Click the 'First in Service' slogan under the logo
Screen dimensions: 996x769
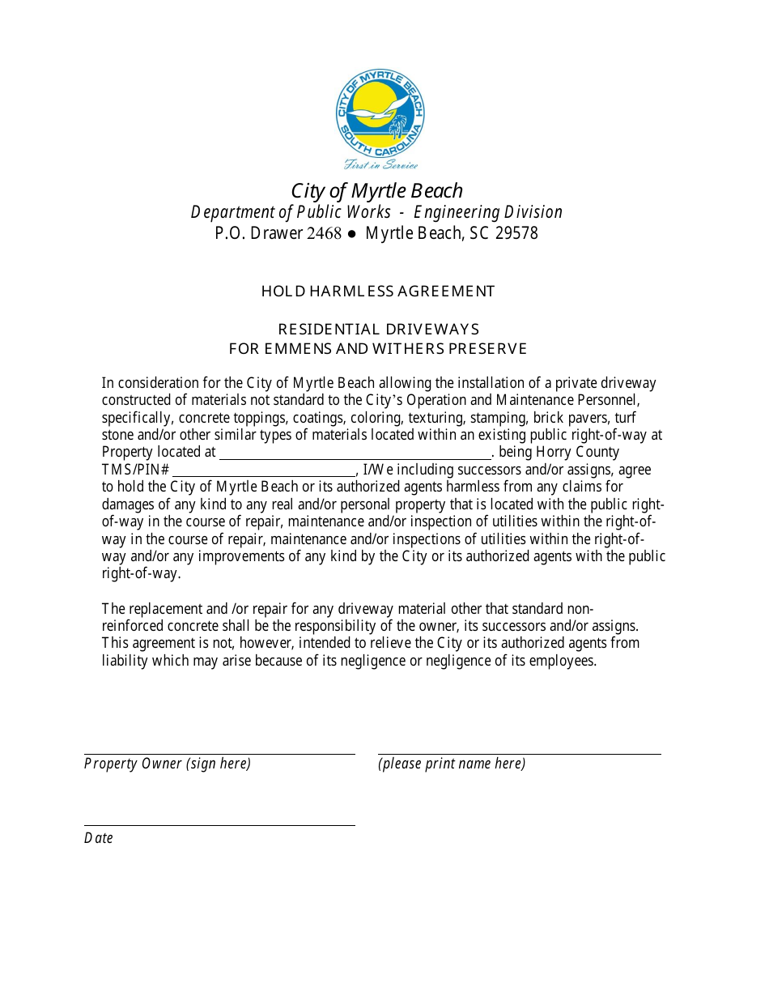[x=380, y=164]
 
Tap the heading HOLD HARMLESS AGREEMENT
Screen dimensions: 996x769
[x=378, y=291]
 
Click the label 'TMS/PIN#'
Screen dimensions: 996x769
[x=135, y=470]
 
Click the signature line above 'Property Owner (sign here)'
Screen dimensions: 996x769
[x=219, y=753]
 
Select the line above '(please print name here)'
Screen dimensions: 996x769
[x=519, y=753]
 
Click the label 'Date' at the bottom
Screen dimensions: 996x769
[x=99, y=838]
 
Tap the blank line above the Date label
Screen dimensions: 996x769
[x=219, y=824]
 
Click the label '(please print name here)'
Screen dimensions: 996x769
[x=452, y=764]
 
